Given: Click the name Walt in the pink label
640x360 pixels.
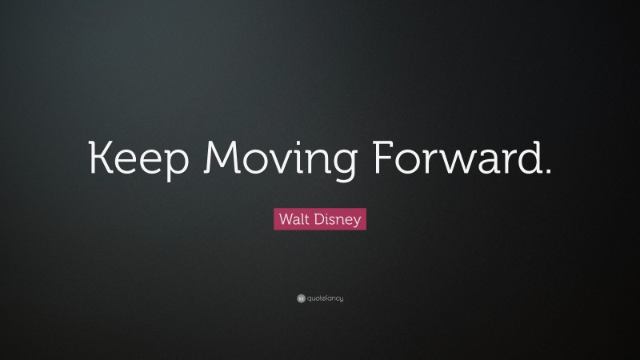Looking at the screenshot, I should tap(294, 217).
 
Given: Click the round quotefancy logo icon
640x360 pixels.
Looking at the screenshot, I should tap(300, 298).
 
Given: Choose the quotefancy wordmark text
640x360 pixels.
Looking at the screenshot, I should tap(326, 298).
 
